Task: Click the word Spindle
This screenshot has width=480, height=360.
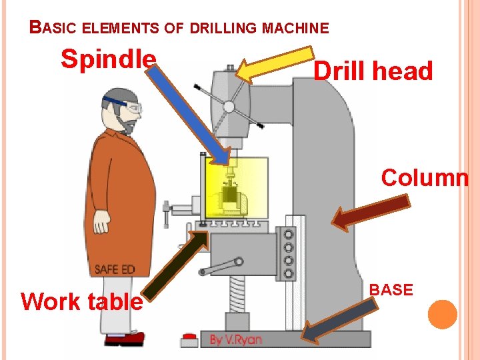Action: pos(108,59)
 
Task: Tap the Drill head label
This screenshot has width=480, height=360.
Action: pos(373,71)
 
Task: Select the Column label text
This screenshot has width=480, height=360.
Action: pos(425,178)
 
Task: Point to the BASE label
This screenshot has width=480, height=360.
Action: pos(391,290)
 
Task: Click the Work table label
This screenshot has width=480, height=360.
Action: pos(81,301)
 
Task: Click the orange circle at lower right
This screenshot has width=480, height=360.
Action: pos(443,315)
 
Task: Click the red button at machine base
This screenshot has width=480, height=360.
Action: pos(190,339)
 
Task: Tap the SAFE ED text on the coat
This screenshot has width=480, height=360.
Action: pos(115,269)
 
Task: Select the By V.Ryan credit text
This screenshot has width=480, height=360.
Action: pos(236,339)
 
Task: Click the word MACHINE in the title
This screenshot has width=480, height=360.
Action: pos(296,29)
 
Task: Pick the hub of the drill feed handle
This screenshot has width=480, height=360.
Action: pos(229,105)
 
